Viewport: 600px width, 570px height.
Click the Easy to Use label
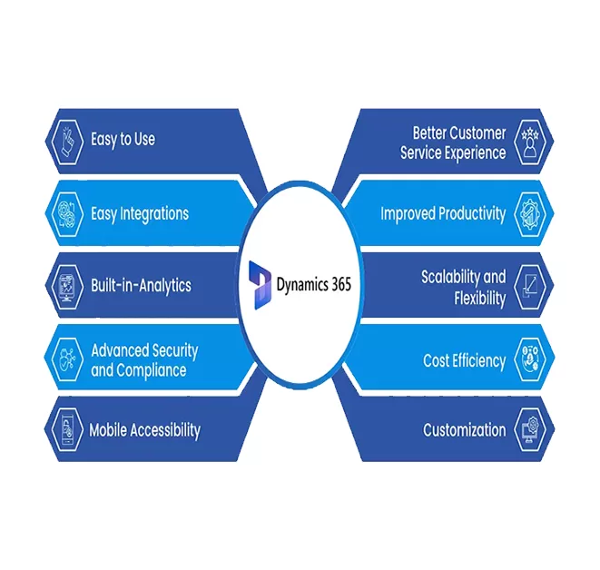coord(123,140)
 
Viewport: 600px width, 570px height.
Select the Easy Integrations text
coord(140,214)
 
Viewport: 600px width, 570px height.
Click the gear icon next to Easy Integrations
coord(66,214)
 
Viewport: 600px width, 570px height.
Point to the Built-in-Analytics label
coord(141,285)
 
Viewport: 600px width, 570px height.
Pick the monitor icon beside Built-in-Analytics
coord(66,285)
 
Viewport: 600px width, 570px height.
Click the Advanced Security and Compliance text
coord(144,360)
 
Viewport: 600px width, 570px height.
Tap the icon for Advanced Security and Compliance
coord(66,360)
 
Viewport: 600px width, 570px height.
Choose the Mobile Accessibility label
coord(144,430)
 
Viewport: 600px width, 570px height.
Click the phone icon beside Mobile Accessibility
coord(66,430)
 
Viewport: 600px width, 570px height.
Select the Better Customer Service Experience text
coord(453,143)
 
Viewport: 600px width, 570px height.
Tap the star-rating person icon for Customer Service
coord(529,143)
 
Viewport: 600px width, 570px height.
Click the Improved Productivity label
coord(443,214)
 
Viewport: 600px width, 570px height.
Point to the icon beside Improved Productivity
coord(529,214)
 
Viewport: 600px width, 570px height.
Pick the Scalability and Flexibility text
coord(463,287)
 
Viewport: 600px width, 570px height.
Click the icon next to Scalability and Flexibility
coord(529,287)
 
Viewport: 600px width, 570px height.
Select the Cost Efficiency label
coord(464,360)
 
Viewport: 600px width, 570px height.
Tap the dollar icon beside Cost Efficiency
coord(529,360)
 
